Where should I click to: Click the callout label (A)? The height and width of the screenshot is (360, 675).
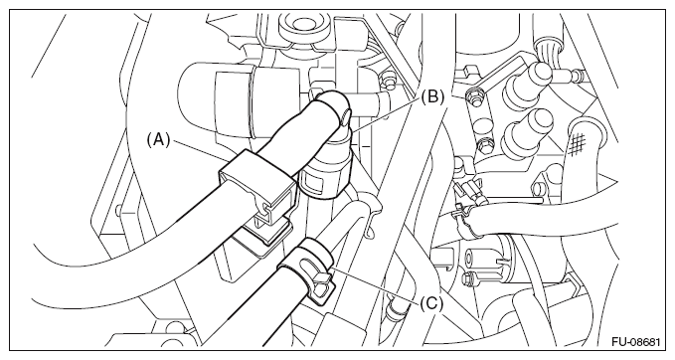pyautogui.click(x=158, y=140)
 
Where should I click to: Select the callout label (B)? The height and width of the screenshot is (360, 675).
pyautogui.click(x=431, y=96)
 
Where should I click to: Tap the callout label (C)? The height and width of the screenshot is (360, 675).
pyautogui.click(x=430, y=304)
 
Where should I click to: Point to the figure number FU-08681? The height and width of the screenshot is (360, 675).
pyautogui.click(x=636, y=342)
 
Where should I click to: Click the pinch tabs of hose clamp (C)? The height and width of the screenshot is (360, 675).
pyautogui.click(x=322, y=283)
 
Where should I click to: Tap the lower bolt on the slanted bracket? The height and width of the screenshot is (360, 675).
pyautogui.click(x=482, y=146)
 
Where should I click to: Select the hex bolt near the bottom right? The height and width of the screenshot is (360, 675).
pyautogui.click(x=470, y=278)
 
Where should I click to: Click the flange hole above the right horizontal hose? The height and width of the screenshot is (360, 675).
pyautogui.click(x=539, y=189)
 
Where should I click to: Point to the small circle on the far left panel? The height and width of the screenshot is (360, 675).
pyautogui.click(x=118, y=210)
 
